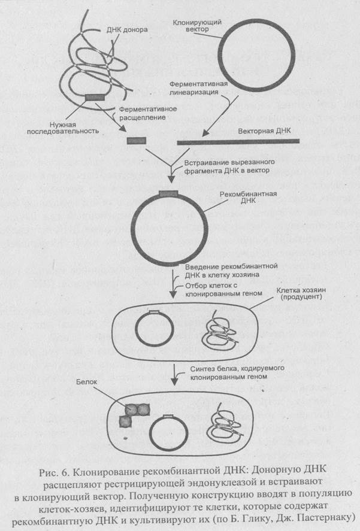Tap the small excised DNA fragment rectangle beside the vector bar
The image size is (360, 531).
(135, 141)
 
